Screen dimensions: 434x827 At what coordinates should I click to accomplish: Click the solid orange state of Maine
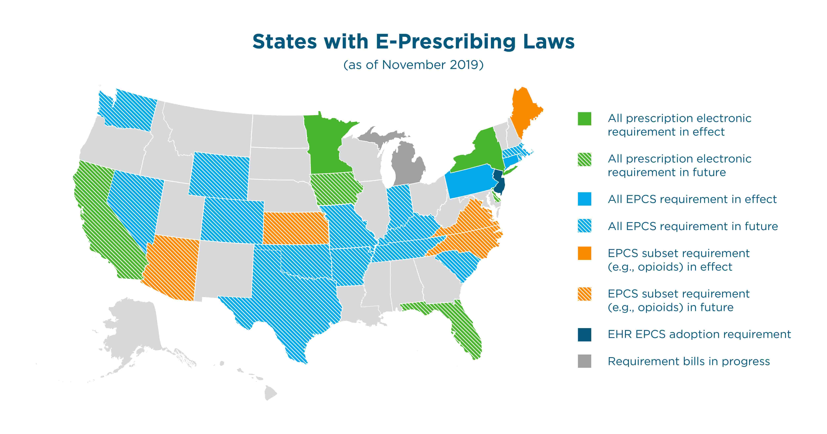point(524,109)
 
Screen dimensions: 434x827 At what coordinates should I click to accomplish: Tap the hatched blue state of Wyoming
point(219,175)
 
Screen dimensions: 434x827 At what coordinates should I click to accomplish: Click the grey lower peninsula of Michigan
point(408,165)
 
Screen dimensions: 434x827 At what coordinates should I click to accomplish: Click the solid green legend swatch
point(584,119)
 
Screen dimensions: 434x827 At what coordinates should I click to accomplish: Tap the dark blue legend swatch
point(584,335)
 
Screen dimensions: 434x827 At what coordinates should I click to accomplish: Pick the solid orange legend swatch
point(584,253)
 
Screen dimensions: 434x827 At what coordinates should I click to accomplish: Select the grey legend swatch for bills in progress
point(584,361)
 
